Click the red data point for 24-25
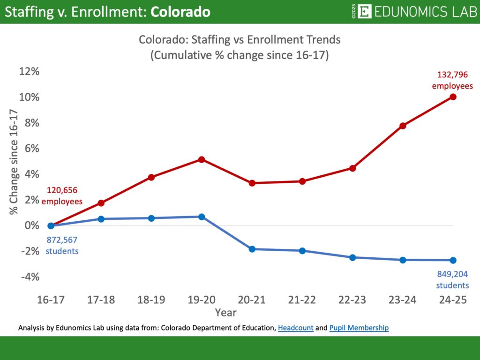click(x=453, y=97)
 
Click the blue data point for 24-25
click(x=453, y=260)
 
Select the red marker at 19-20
click(x=202, y=160)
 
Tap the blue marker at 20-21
click(x=252, y=249)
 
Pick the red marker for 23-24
click(x=403, y=126)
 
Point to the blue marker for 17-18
click(x=101, y=219)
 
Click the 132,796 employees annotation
click(x=452, y=80)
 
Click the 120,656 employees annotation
click(x=62, y=196)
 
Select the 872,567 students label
click(x=62, y=245)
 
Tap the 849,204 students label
click(x=452, y=280)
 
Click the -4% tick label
click(x=30, y=277)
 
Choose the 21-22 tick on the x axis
click(x=302, y=300)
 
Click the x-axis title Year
click(x=226, y=312)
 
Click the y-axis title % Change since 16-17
click(x=14, y=162)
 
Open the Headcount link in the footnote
click(x=295, y=328)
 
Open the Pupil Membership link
click(x=359, y=328)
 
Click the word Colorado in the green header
click(x=180, y=12)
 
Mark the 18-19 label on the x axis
click(x=151, y=300)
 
